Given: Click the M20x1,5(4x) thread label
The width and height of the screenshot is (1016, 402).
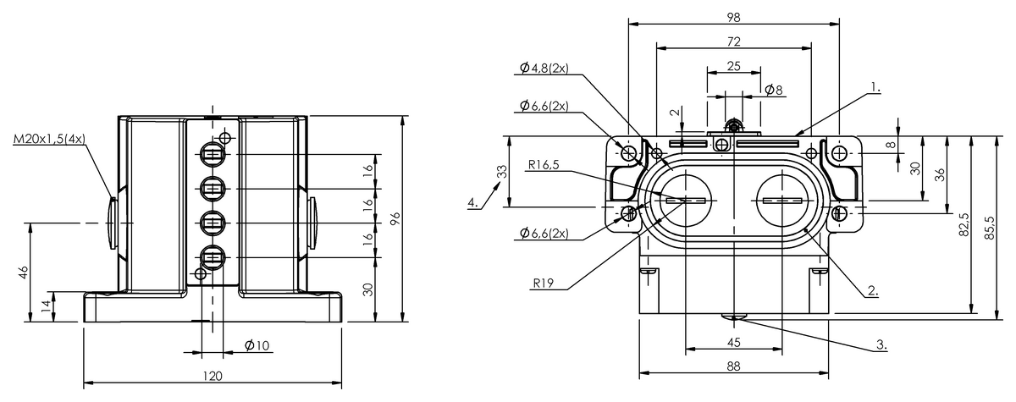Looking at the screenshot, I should [49, 139].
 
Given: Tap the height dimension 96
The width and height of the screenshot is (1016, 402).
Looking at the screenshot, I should [395, 218].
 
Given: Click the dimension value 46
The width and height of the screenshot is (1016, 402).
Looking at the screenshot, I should [24, 272].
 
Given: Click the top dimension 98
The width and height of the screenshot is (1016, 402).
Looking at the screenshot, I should [733, 17].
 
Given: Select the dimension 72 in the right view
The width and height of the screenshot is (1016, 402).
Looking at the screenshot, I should [733, 41].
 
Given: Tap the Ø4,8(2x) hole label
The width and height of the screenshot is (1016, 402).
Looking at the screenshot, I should [547, 68].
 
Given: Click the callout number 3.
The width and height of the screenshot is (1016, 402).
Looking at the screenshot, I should [881, 344].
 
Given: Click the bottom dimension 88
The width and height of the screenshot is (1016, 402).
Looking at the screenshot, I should [733, 366].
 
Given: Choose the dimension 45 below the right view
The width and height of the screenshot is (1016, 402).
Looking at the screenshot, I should [733, 342].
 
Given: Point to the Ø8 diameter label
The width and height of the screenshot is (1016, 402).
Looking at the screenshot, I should [773, 90].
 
